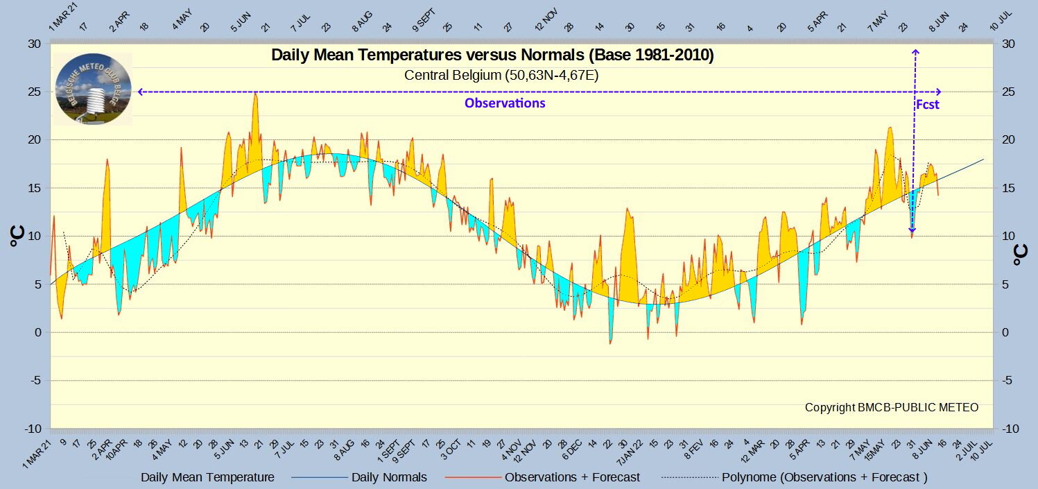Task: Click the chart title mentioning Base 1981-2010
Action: pos(492,55)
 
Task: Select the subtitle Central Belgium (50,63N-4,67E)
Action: pos(501,75)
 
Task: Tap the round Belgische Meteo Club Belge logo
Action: pos(93,89)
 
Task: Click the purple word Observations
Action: pos(505,103)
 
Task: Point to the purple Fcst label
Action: pos(927,105)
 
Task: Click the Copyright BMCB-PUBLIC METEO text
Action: pos(892,407)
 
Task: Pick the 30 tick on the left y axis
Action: pos(34,44)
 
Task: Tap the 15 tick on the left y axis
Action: pos(34,188)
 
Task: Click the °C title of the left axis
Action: pos(17,237)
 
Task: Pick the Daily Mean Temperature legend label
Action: pos(207,477)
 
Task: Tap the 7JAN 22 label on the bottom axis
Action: pos(630,452)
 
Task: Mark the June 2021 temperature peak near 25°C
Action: pos(255,94)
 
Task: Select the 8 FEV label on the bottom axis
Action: pos(694,449)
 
